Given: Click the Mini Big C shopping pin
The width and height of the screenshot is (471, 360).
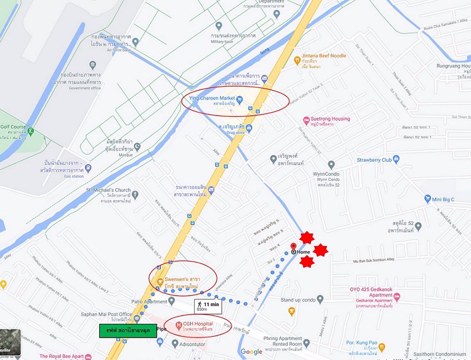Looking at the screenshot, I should [427, 199].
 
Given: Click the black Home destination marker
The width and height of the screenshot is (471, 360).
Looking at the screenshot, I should [294, 252].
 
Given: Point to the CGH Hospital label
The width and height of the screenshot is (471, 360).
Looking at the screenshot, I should [198, 324].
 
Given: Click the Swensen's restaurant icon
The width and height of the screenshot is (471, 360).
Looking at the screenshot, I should [160, 281].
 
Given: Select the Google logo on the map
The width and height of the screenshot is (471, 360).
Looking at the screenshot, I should [251, 351].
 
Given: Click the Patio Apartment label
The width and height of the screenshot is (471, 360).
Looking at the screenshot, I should [148, 302].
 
